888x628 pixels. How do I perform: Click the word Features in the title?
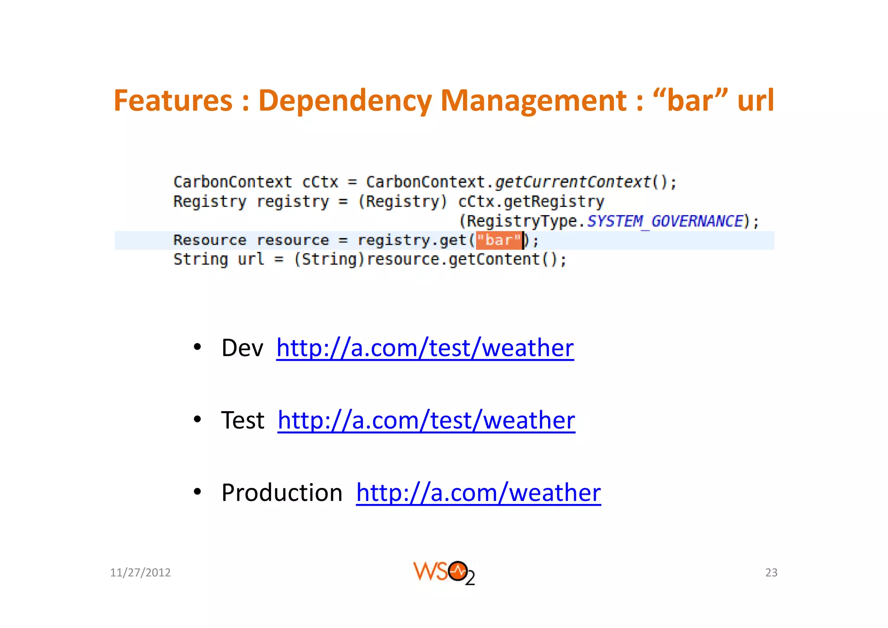pos(173,101)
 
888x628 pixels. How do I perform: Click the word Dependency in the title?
pos(345,101)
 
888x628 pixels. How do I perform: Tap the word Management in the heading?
pos(533,101)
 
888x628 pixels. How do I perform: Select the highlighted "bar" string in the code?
pos(499,240)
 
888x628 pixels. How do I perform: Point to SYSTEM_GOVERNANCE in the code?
pos(665,221)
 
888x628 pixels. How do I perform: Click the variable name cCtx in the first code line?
pos(320,182)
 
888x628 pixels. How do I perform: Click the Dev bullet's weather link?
pos(425,348)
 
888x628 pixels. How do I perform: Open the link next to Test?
pos(426,420)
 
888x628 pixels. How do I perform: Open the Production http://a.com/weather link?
pos(478,493)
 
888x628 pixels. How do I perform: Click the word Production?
pos(282,493)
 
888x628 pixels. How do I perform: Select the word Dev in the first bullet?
pos(242,348)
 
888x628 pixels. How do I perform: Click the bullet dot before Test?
pos(197,419)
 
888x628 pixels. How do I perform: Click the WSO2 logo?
pos(444,572)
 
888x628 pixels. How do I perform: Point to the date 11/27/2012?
pos(140,572)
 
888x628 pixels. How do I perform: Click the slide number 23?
pos(771,572)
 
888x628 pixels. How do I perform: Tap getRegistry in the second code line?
pos(553,202)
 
